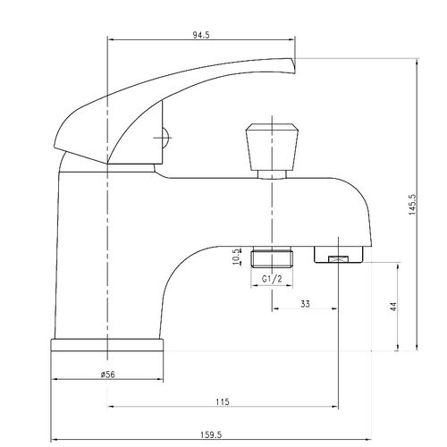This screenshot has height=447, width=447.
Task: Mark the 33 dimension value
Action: [x=305, y=304]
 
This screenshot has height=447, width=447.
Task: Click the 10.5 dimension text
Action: [x=238, y=258]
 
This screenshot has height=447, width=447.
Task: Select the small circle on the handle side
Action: [x=162, y=139]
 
